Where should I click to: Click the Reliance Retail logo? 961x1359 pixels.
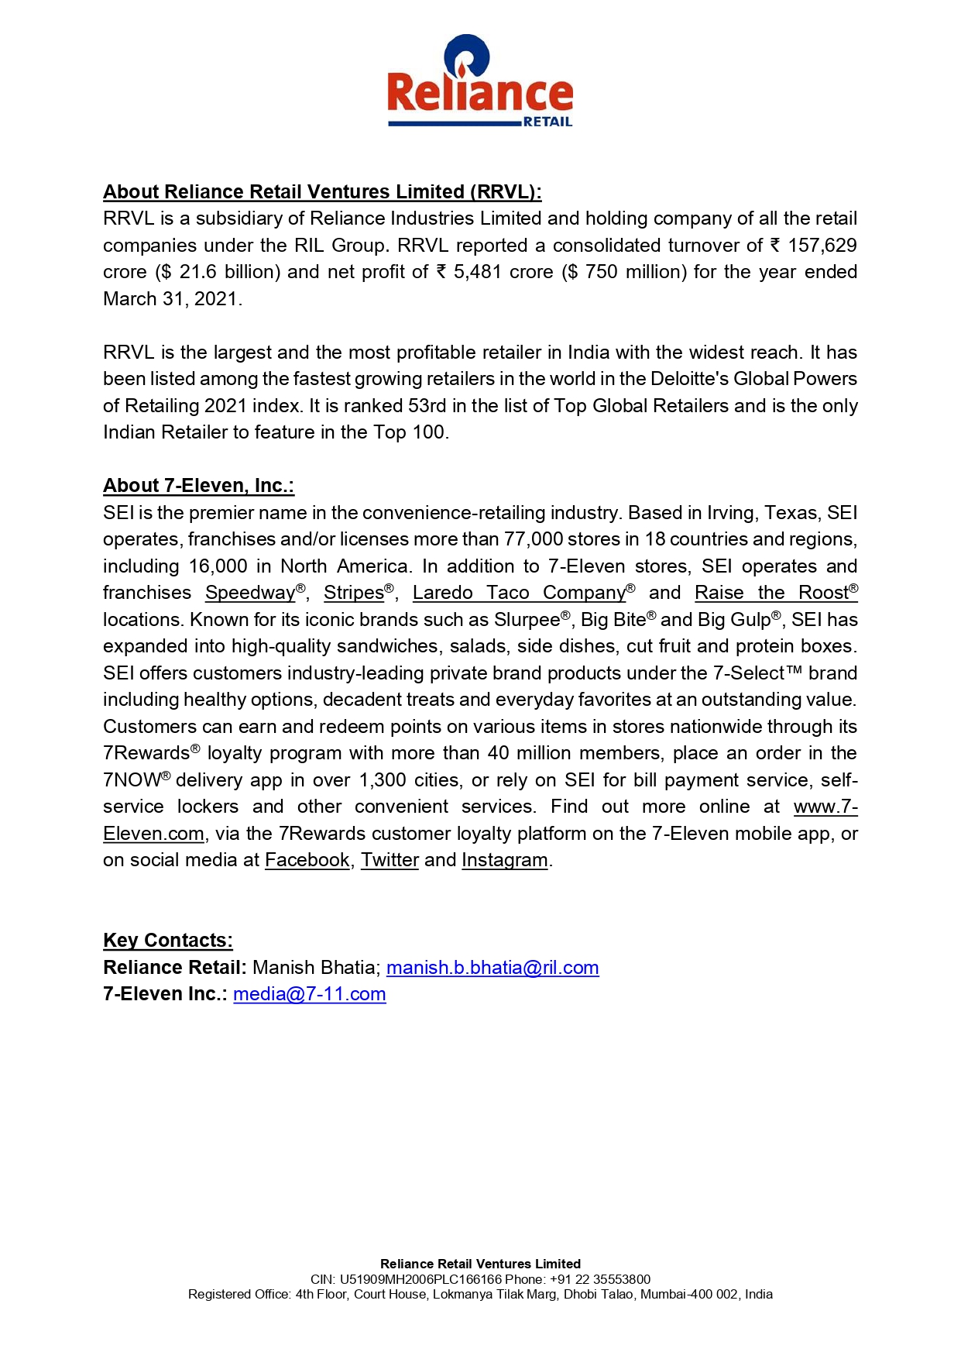480,81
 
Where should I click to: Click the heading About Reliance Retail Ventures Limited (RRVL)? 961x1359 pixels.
322,192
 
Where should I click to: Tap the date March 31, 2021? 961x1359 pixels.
172,299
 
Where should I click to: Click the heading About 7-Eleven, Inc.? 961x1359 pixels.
198,486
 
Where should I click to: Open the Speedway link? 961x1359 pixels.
250,593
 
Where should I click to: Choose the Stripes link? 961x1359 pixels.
354,593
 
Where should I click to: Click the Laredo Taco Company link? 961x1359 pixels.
519,593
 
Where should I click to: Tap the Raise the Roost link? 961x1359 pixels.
771,593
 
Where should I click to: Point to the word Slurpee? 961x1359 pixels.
527,620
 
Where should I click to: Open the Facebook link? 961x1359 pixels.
307,860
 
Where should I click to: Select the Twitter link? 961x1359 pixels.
390,860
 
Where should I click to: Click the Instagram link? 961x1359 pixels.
504,860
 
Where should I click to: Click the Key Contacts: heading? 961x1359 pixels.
168,941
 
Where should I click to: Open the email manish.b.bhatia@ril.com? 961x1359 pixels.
493,968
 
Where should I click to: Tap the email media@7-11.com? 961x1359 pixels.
310,994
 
